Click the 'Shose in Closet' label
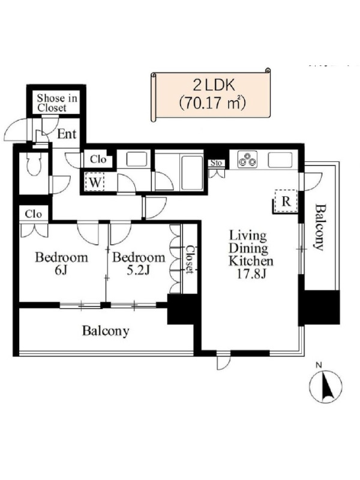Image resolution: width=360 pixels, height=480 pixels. tap(56, 103)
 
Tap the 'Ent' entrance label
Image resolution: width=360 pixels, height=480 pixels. tap(67, 134)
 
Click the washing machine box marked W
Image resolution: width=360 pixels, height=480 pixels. tap(95, 182)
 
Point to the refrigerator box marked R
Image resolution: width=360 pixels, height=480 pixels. tap(286, 201)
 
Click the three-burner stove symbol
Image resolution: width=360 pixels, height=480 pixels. tap(248, 160)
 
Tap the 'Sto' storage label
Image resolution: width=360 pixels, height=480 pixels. tap(216, 163)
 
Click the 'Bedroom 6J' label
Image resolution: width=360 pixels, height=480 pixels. tap(62, 263)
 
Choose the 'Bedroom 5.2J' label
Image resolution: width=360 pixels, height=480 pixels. tap(139, 263)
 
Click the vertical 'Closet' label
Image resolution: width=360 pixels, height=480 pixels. tap(190, 259)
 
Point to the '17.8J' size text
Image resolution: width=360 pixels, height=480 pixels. tap(251, 274)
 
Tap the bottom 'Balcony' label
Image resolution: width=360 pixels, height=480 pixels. tap(106, 331)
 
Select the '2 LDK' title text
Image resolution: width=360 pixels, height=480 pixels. tap(214, 86)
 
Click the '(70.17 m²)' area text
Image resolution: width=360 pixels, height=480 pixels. tap(213, 103)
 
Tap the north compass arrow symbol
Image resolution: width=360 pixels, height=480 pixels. tap(325, 386)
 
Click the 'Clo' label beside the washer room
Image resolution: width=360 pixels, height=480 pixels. tap(98, 160)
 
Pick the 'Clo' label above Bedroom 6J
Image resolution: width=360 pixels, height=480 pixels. tap(34, 214)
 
